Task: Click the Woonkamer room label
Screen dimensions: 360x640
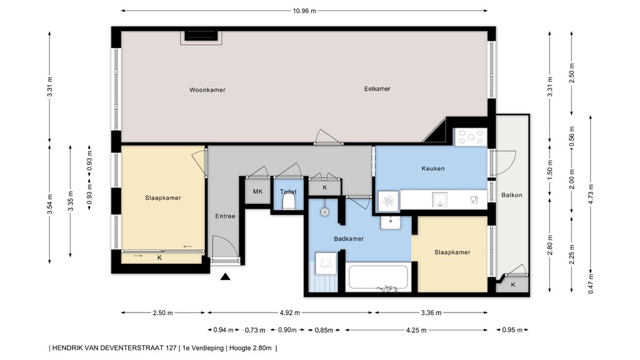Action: pyautogui.click(x=207, y=90)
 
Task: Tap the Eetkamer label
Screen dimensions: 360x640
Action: pyautogui.click(x=377, y=89)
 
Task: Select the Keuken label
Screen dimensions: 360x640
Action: pyautogui.click(x=432, y=168)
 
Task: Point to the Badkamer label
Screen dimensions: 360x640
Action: pyautogui.click(x=349, y=239)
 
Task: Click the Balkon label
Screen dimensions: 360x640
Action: pyautogui.click(x=511, y=195)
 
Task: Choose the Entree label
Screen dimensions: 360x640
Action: pyautogui.click(x=225, y=216)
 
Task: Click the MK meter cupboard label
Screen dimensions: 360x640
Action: pyautogui.click(x=257, y=191)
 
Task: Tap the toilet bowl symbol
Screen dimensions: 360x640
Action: pyautogui.click(x=288, y=201)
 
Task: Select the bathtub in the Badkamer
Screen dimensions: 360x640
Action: pyautogui.click(x=379, y=278)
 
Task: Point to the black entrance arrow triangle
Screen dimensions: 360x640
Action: pyautogui.click(x=225, y=277)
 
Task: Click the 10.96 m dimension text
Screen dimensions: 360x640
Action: pyautogui.click(x=304, y=11)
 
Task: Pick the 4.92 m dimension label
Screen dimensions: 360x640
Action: pyautogui.click(x=291, y=313)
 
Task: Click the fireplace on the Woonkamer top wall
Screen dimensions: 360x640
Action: pyautogui.click(x=200, y=37)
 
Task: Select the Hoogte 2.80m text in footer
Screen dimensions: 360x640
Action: pyautogui.click(x=250, y=348)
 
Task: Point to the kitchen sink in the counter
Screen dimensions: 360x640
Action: pyautogui.click(x=441, y=199)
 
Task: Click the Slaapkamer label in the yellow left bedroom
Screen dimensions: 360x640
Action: pyautogui.click(x=162, y=198)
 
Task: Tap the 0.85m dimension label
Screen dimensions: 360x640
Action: pyautogui.click(x=324, y=330)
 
